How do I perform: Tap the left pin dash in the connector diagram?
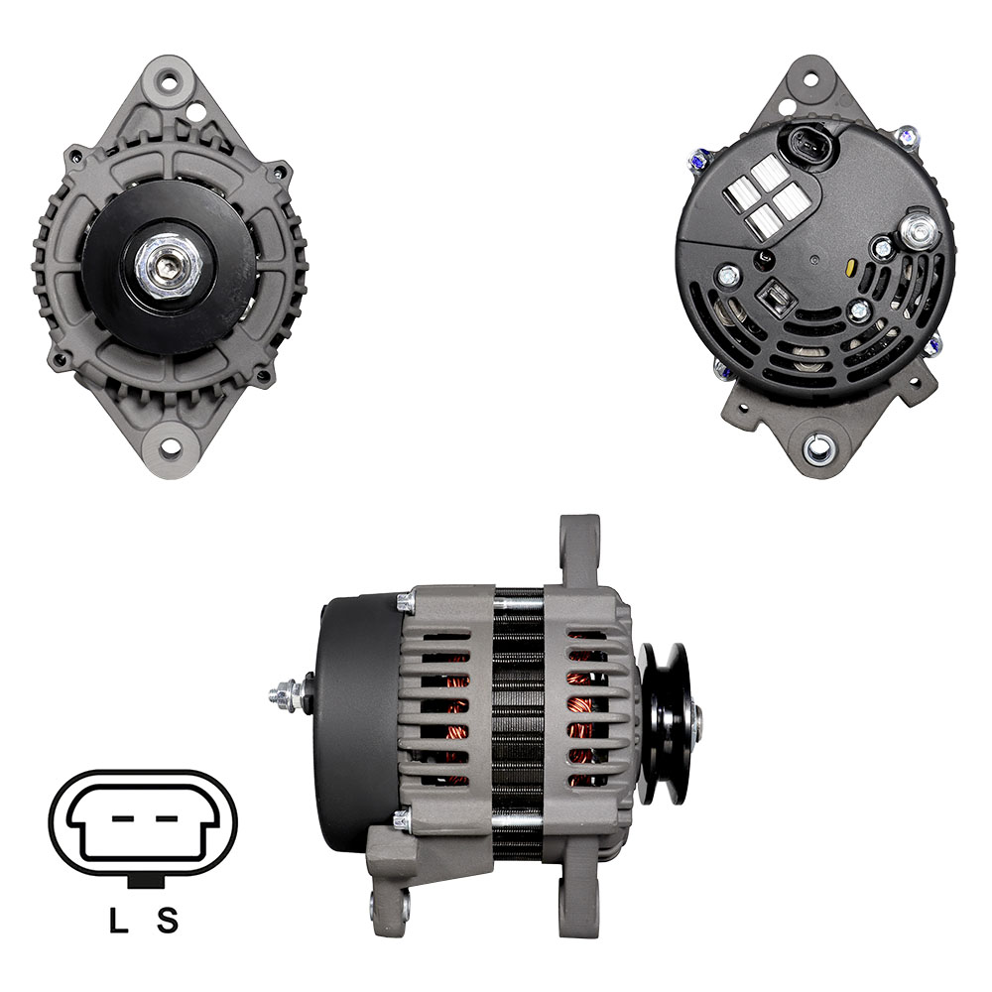click(x=123, y=818)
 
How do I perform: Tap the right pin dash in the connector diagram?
click(x=167, y=818)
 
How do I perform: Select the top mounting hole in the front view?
click(x=169, y=82)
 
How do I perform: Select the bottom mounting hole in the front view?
click(x=169, y=447)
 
